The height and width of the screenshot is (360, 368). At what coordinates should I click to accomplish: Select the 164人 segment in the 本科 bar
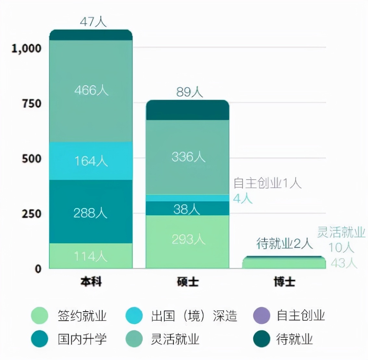click(91, 161)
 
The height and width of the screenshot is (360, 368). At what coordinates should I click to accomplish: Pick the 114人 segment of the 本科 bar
click(91, 256)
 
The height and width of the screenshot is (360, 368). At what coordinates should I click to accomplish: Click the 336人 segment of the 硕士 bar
click(188, 157)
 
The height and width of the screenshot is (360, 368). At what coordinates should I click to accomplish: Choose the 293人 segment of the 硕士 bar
click(188, 240)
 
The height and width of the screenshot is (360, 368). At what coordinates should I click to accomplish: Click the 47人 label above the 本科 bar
click(93, 22)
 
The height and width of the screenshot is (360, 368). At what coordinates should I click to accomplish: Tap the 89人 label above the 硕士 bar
click(190, 92)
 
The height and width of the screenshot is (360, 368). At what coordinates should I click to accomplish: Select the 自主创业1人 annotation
click(267, 183)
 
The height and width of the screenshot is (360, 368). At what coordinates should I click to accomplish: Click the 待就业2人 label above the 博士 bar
click(284, 243)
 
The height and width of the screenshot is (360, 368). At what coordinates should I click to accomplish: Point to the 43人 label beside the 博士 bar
click(344, 263)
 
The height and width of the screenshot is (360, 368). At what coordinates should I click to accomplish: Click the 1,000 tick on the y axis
click(27, 48)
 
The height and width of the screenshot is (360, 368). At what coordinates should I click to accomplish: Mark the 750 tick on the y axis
click(31, 104)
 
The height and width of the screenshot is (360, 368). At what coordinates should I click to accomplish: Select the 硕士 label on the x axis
click(188, 282)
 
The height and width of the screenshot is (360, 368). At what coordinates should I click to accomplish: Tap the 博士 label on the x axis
click(284, 282)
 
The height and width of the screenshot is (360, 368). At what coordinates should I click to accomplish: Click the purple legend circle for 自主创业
click(262, 315)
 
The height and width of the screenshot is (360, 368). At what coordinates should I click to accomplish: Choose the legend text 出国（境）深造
click(194, 316)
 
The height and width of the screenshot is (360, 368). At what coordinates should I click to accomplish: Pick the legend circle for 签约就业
click(40, 315)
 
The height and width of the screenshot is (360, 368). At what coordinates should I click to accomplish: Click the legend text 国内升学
click(82, 339)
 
